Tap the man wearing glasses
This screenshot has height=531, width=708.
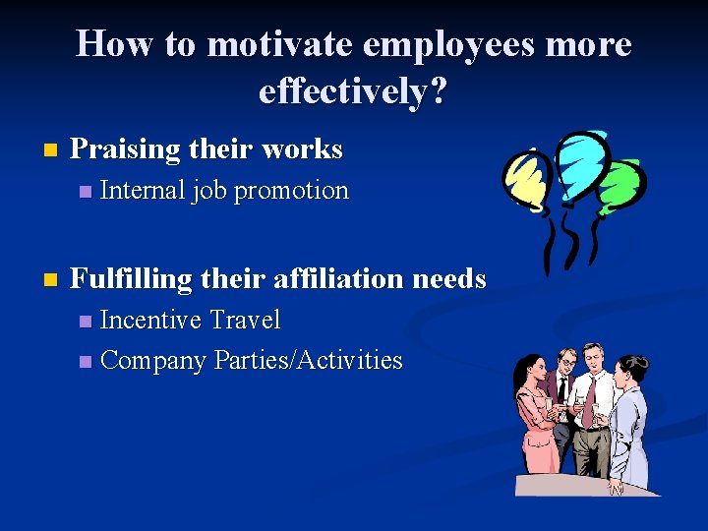(x=564, y=393)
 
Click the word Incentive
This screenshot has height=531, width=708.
(x=150, y=320)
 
